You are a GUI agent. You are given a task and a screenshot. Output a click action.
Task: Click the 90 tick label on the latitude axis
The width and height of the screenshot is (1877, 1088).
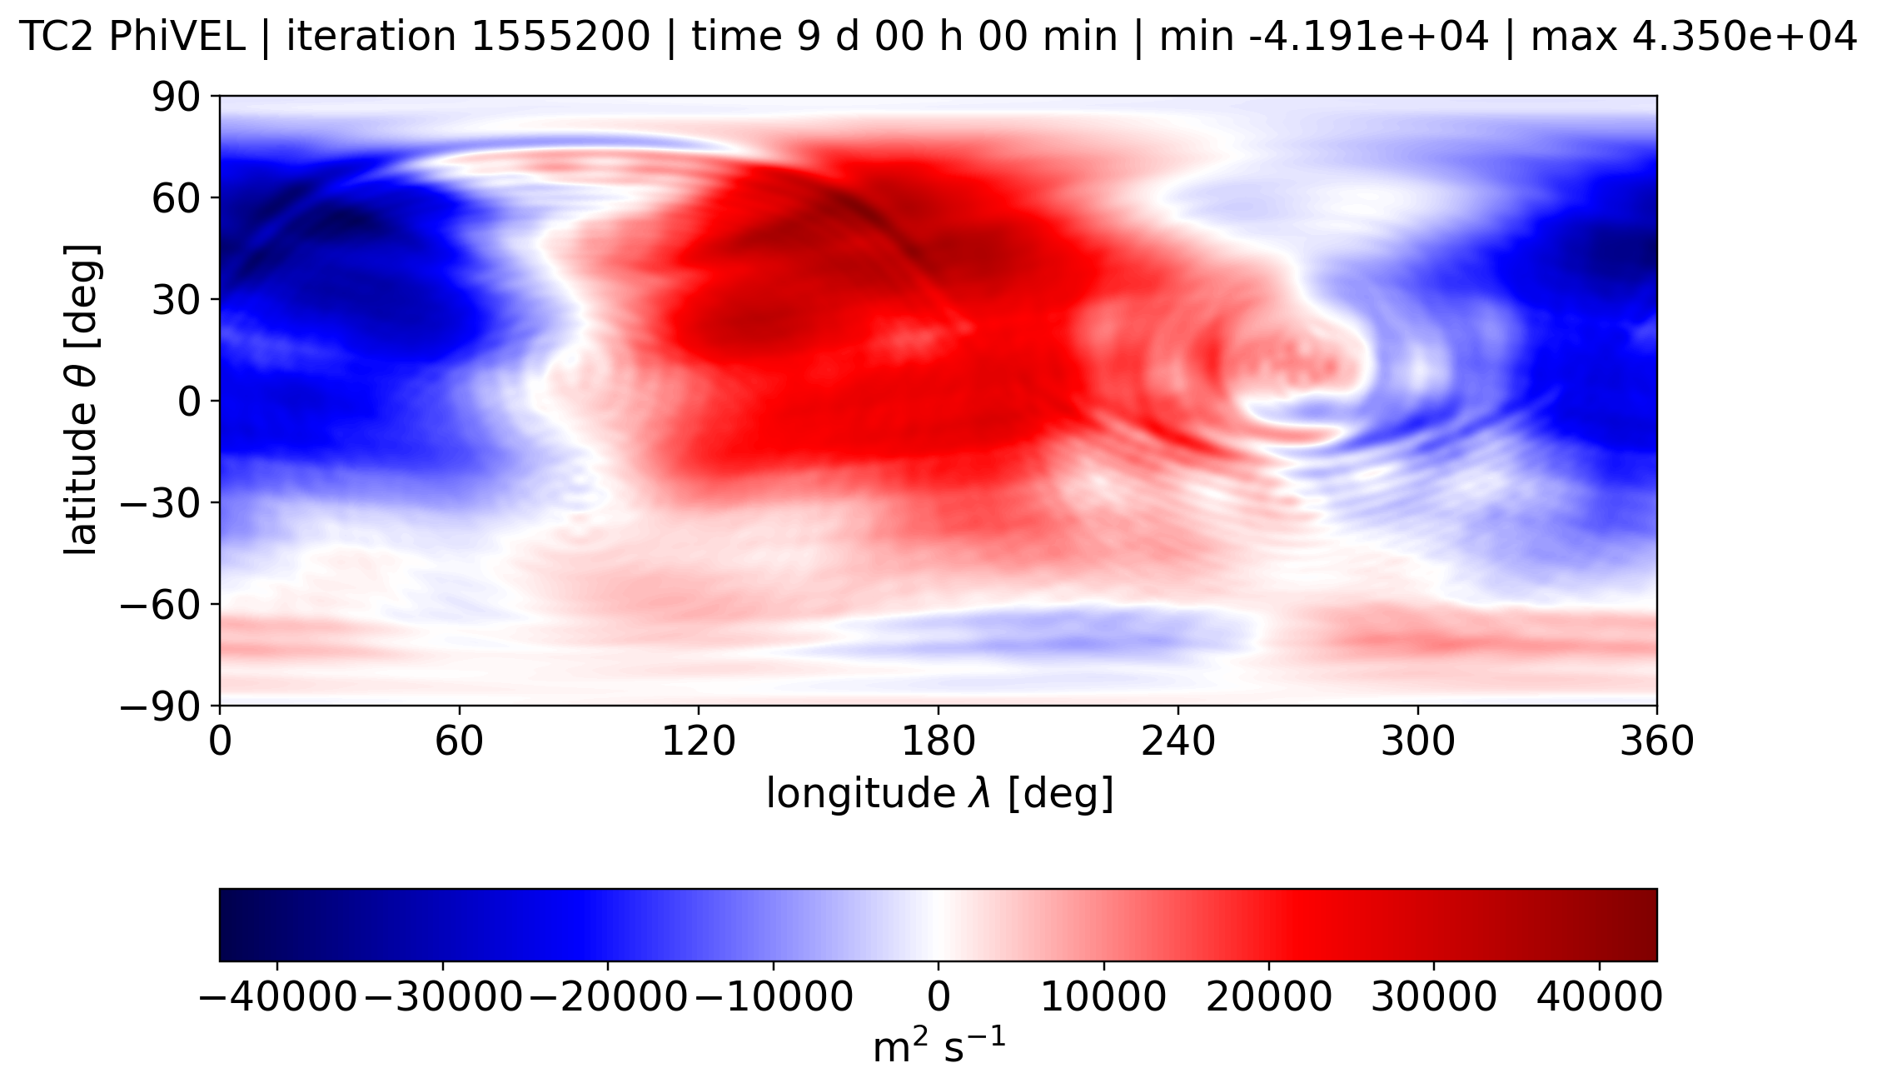click(x=176, y=97)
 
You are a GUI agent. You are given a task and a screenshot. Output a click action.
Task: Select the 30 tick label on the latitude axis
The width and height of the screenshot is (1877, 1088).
click(x=176, y=300)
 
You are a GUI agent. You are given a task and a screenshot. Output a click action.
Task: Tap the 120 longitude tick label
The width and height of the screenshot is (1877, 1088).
click(x=699, y=741)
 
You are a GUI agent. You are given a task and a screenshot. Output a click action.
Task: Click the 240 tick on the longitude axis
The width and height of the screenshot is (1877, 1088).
click(x=1178, y=741)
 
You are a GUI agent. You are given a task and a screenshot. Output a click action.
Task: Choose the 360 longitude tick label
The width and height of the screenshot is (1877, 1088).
click(x=1656, y=741)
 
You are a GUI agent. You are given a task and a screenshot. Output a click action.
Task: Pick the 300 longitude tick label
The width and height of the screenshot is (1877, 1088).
click(x=1417, y=741)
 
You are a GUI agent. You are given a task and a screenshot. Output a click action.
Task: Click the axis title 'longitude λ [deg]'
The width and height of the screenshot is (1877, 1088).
click(x=939, y=794)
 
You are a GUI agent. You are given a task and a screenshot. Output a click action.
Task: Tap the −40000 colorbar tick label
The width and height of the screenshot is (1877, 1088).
click(x=278, y=997)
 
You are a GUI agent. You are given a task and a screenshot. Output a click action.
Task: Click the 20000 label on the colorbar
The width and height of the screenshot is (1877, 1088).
click(x=1269, y=997)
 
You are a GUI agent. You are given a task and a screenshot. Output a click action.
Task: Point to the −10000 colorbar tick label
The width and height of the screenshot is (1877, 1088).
click(x=774, y=997)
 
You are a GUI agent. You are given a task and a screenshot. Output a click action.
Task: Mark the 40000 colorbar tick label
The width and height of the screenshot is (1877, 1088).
click(x=1599, y=997)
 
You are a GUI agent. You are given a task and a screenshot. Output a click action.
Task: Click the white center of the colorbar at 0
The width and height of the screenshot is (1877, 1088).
click(x=938, y=925)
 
